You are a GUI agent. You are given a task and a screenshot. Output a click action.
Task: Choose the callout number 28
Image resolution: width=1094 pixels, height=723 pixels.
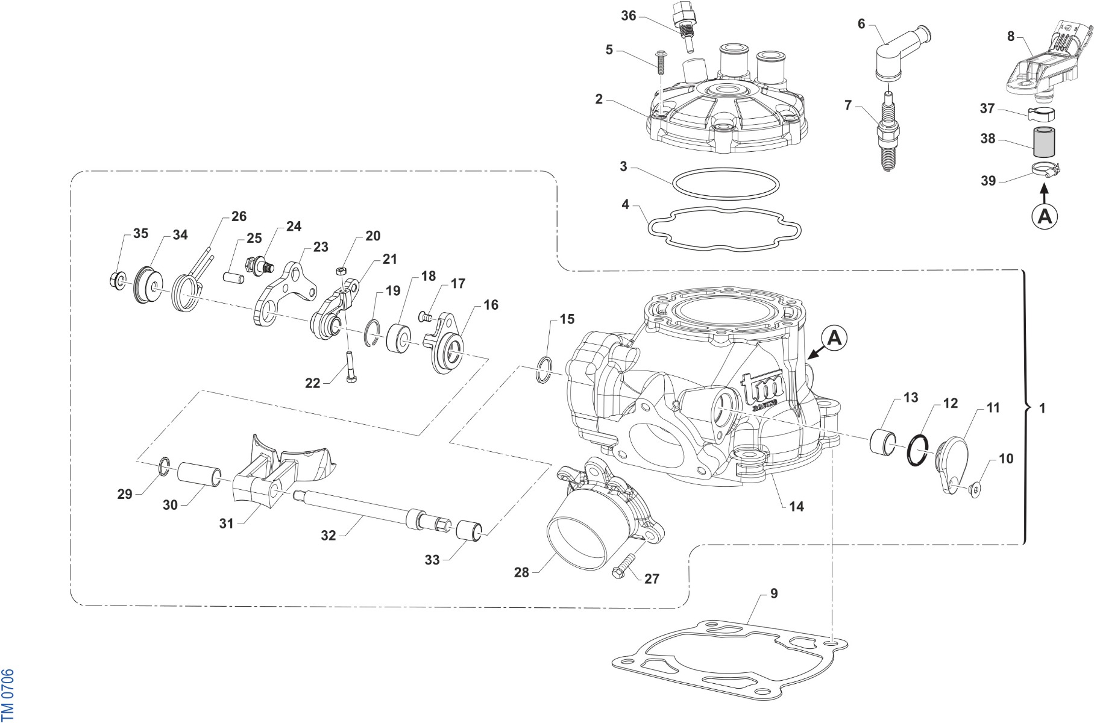coord(521,572)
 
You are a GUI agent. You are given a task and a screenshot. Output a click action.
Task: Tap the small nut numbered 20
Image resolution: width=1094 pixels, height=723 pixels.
coord(341,270)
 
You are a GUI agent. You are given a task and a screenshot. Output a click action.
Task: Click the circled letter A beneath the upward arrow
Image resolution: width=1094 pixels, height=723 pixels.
coord(1045,216)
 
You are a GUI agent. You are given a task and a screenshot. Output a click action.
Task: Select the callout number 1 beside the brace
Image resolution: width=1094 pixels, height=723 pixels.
coord(1043,408)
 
